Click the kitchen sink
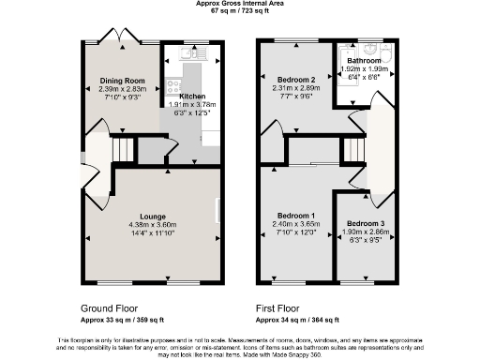[195, 55]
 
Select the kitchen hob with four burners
[172, 86]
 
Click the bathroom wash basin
[367, 48]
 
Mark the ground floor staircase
[124, 149]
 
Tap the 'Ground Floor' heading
[109, 307]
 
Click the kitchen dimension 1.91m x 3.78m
[193, 105]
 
